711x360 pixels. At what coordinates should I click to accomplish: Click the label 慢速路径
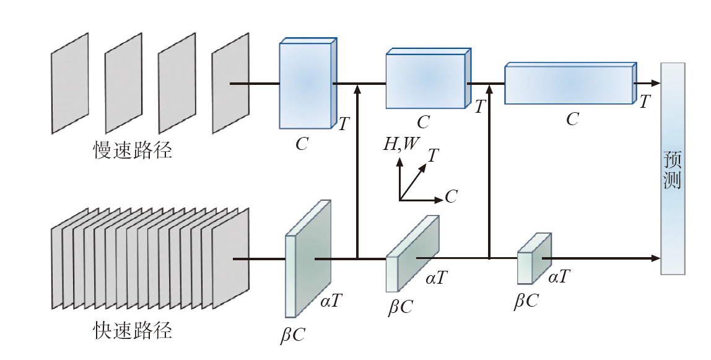tap(133, 151)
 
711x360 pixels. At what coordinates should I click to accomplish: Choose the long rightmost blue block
tap(569, 84)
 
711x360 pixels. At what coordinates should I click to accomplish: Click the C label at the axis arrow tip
tap(451, 198)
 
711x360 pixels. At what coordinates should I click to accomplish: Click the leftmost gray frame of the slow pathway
tap(69, 83)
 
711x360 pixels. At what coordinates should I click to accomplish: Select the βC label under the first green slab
tap(293, 335)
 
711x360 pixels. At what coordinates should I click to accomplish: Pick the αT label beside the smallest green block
tap(559, 278)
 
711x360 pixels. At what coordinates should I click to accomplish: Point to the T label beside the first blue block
tap(344, 125)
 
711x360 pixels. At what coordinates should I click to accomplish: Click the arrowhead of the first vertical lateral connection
tap(357, 90)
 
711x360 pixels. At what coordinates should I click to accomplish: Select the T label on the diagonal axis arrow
tap(434, 156)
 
